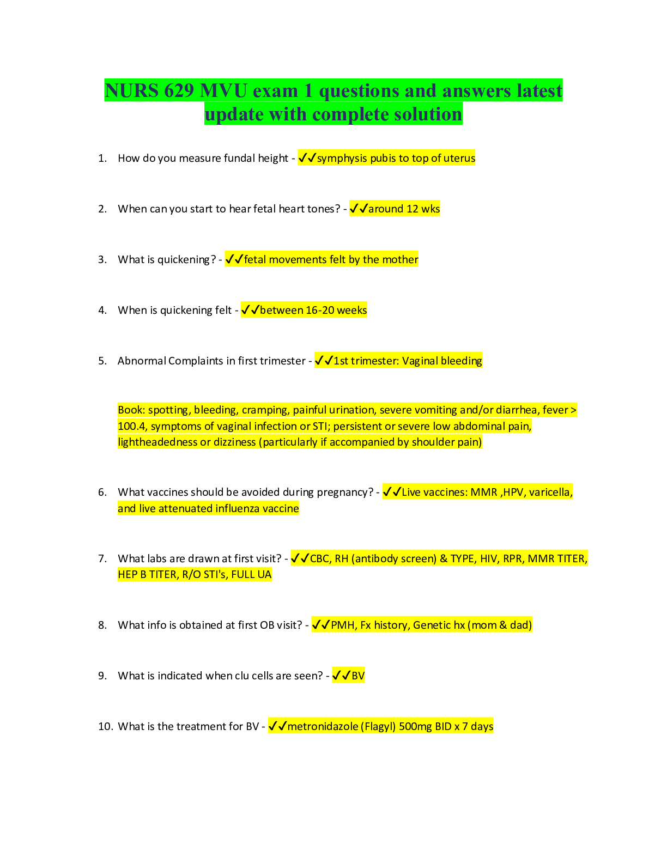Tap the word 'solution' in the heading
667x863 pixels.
coord(425,114)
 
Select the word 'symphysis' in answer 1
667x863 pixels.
coord(342,158)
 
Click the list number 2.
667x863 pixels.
coord(102,209)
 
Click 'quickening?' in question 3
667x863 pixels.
coord(186,260)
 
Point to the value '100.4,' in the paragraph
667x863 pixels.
coord(132,426)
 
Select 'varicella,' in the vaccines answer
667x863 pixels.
coord(550,493)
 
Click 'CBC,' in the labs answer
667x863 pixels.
coord(320,558)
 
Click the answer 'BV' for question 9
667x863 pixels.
coord(358,676)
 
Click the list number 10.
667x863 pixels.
coord(105,726)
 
